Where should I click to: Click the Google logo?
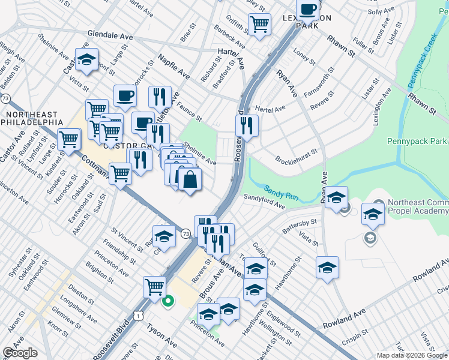[20, 353]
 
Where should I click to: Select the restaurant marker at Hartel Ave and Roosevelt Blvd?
[246, 125]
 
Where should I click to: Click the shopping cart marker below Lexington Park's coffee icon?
[259, 25]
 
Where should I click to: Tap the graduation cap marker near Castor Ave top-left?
[87, 59]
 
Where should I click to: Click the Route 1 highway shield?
[139, 314]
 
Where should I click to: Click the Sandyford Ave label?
[264, 201]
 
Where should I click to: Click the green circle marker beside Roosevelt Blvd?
[169, 301]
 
